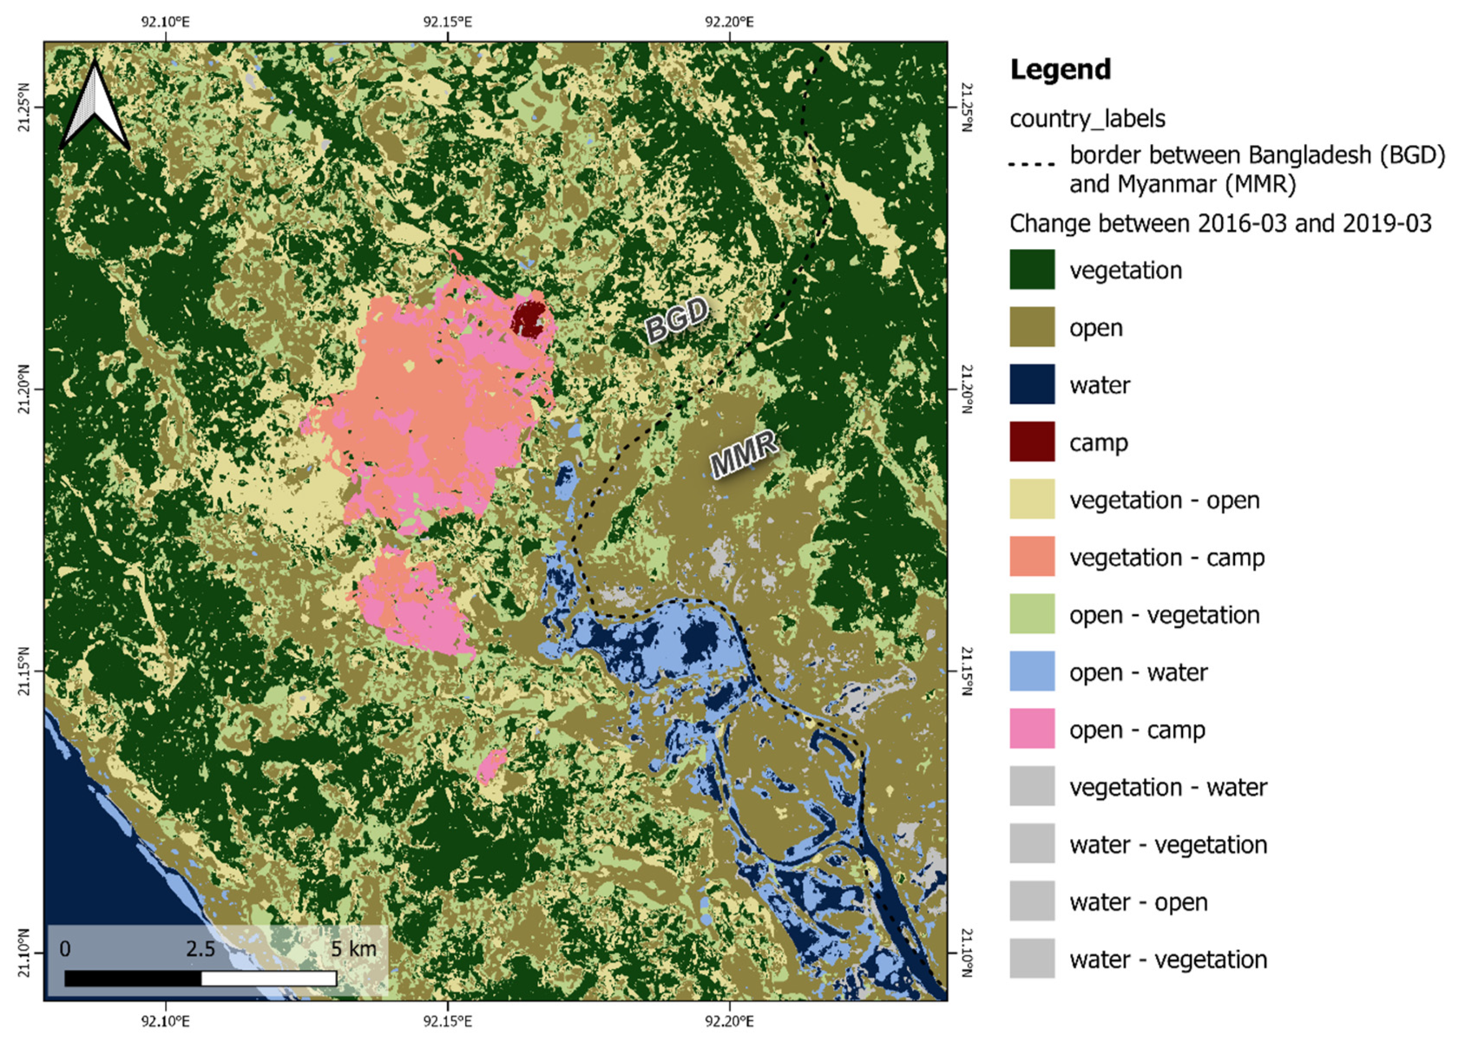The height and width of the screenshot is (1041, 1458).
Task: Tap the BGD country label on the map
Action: (x=677, y=318)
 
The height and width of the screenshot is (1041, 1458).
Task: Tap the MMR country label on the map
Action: (x=744, y=454)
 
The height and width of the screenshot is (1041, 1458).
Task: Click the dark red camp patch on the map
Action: (x=529, y=318)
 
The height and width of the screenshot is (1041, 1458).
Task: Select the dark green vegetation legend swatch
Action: (x=1032, y=270)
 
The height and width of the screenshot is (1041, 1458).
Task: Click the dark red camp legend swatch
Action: (x=1032, y=442)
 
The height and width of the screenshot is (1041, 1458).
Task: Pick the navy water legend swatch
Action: (x=1032, y=384)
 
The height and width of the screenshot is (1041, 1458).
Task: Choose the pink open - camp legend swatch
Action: (x=1032, y=730)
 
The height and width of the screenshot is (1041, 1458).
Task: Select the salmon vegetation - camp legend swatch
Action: (x=1032, y=557)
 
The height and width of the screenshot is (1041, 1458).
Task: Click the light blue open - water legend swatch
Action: (x=1032, y=672)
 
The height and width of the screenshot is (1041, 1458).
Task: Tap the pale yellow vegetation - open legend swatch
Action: (x=1032, y=500)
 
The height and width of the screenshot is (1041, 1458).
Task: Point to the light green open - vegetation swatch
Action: (x=1032, y=614)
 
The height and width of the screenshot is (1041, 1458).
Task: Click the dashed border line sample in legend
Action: (x=1032, y=163)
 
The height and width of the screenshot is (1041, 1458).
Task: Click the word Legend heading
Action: (x=1060, y=69)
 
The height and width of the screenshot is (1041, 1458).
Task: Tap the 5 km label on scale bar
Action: (x=353, y=949)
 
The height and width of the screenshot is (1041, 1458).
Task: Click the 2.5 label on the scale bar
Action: (x=200, y=949)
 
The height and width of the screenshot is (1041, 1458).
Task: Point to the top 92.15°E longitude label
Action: (x=448, y=22)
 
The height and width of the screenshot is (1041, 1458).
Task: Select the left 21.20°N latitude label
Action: (x=23, y=389)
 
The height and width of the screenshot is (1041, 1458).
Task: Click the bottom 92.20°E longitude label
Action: (x=729, y=1021)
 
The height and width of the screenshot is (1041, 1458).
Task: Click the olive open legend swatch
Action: (x=1032, y=327)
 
